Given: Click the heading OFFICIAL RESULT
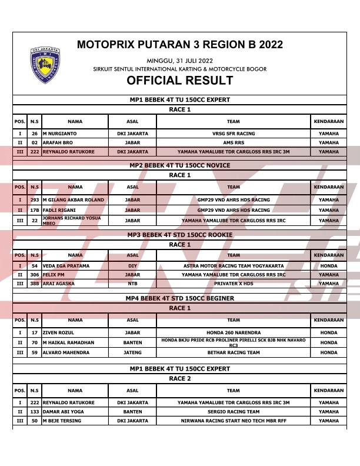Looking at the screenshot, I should (180, 81).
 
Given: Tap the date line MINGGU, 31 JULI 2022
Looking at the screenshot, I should (180, 61).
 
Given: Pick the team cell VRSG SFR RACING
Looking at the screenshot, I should (234, 134).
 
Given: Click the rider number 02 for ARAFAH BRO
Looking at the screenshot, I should (35, 142).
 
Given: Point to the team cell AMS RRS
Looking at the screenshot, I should (234, 142).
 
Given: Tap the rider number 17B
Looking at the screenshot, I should (35, 210).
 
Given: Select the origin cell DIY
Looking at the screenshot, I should (132, 266).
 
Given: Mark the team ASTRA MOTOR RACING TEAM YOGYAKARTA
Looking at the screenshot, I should (234, 266).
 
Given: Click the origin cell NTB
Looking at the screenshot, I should (132, 284).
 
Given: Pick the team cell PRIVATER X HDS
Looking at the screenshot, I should (234, 284).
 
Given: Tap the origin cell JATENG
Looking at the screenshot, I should (132, 353).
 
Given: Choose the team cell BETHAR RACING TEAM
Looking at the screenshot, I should (234, 353).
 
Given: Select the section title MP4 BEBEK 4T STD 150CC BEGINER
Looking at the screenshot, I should (180, 298).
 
